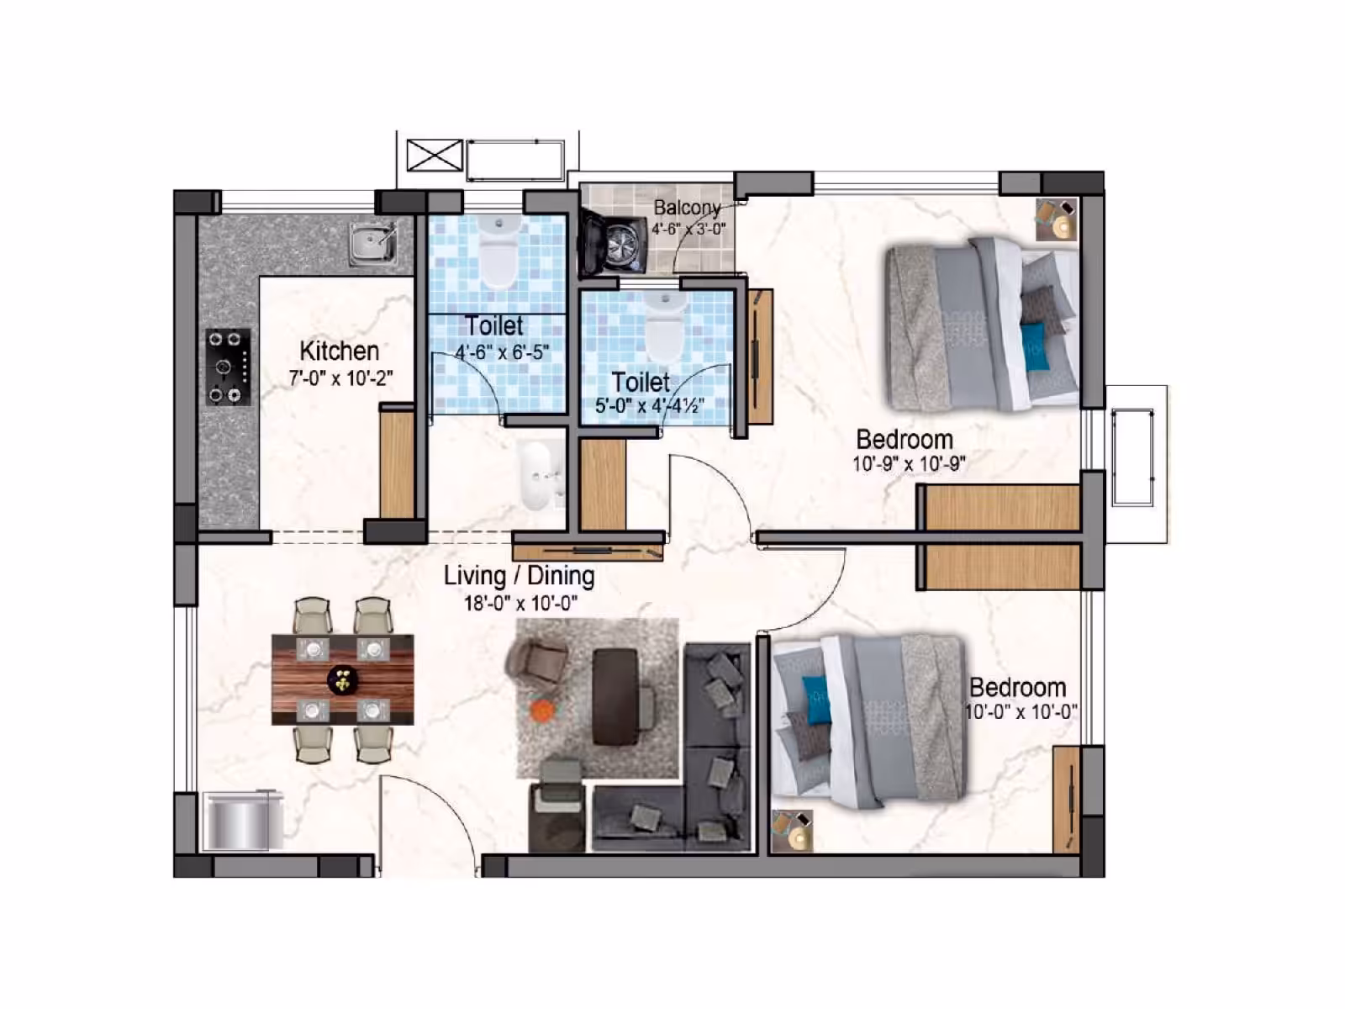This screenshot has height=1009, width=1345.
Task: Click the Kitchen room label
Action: point(339,351)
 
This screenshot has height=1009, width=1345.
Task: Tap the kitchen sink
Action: point(373,244)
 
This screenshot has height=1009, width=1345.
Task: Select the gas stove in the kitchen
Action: point(228,367)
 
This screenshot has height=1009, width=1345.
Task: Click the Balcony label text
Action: point(687,208)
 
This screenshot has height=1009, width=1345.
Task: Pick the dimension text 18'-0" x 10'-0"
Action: point(520,604)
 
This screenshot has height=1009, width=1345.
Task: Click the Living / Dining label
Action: point(519,576)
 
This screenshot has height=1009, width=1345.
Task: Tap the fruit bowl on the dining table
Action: point(342,679)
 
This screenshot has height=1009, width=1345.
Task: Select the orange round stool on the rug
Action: point(541,710)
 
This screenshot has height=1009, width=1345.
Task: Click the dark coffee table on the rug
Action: point(616,696)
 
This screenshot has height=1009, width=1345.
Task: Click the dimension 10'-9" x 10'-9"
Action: point(910,464)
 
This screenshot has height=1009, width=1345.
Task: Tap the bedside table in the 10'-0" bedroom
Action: point(793,831)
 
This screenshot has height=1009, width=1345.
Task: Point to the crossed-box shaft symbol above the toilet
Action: point(435,155)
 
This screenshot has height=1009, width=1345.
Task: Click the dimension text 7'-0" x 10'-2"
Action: point(340,378)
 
